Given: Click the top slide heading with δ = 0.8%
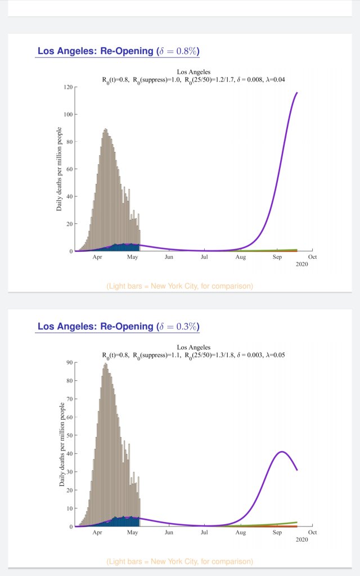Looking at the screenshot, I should [118, 51].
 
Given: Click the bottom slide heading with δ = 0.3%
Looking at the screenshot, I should [118, 326].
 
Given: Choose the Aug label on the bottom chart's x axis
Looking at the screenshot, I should [241, 532].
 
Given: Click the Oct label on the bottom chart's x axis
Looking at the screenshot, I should [313, 532].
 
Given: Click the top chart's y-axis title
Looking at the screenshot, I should [59, 169].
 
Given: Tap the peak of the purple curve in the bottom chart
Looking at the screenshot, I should [282, 452].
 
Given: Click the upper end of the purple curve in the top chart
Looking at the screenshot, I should [297, 93].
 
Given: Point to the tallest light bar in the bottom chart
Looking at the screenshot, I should [105, 364].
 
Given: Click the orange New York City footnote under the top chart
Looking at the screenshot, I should [180, 286].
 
